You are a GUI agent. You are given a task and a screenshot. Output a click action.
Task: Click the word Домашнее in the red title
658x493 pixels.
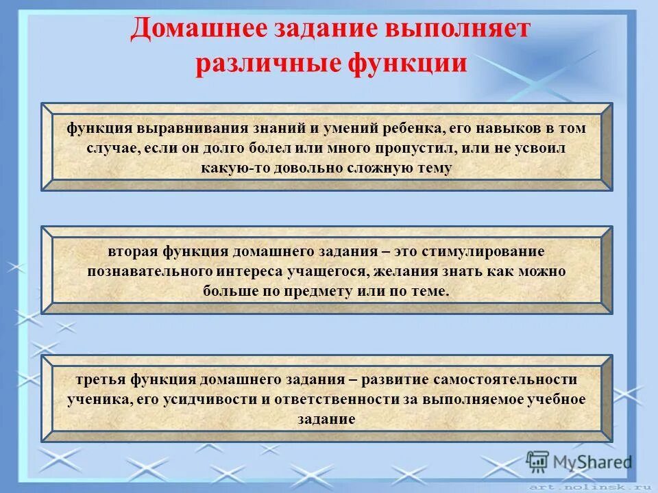[x=180, y=29]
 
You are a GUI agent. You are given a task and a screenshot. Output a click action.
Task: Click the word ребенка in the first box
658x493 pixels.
[x=404, y=129]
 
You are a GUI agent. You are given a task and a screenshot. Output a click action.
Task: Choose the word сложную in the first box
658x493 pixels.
[x=376, y=168]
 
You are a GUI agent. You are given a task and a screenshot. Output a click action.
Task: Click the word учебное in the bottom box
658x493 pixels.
[x=554, y=399]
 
